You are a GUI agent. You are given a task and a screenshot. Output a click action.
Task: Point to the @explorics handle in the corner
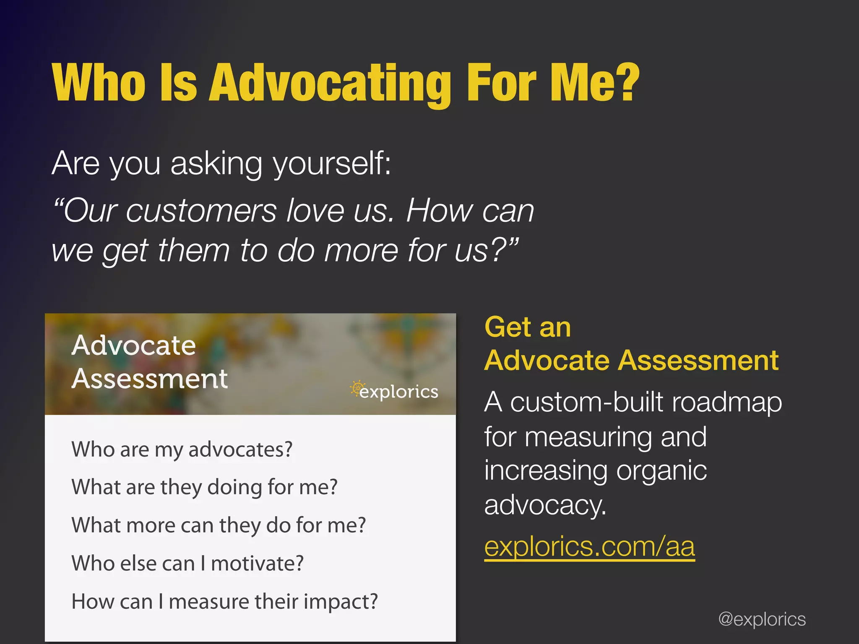pos(762,619)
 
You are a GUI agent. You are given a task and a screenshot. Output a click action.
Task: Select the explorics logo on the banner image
pos(395,391)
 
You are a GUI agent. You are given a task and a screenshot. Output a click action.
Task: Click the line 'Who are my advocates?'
pos(182,450)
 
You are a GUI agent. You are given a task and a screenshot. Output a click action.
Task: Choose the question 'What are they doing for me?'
pos(204,488)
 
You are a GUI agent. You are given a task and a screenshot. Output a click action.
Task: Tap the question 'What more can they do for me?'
pos(219,525)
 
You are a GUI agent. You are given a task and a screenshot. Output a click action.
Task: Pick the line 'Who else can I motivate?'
pos(187,563)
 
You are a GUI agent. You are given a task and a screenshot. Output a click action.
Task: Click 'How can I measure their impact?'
pos(224,602)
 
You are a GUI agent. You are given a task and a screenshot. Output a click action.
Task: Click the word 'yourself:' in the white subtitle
pos(332,164)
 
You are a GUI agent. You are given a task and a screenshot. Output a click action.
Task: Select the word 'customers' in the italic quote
pos(201,211)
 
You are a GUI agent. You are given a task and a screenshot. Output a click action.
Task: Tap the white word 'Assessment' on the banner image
pos(149,379)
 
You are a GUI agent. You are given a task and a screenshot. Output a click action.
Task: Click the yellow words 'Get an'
pos(527,327)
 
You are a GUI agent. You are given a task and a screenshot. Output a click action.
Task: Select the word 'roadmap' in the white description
pos(726,402)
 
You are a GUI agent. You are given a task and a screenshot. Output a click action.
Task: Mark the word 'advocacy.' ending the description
pos(545,505)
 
